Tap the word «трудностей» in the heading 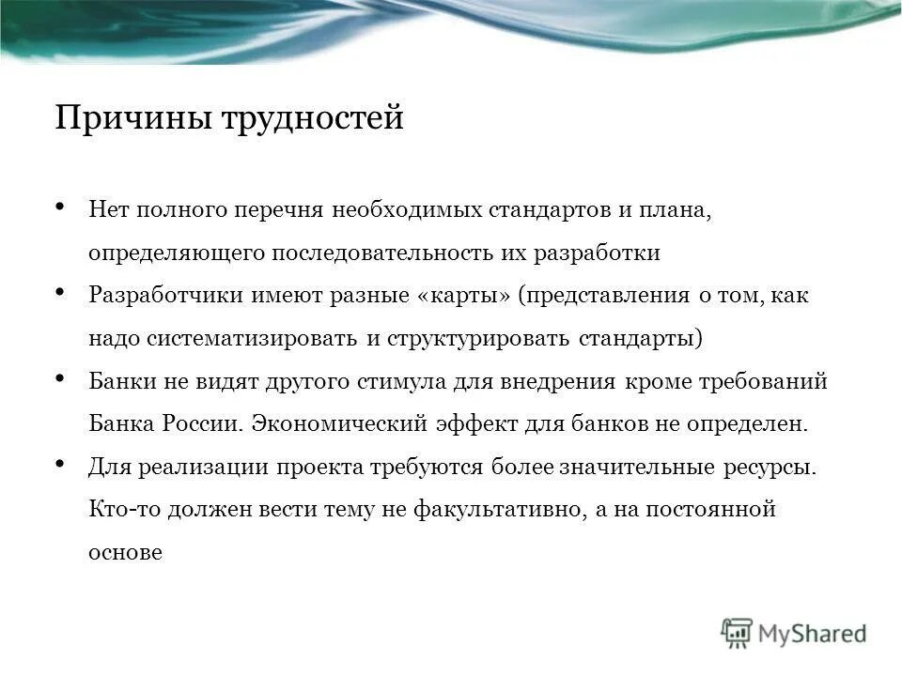click(x=312, y=120)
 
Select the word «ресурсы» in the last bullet click(x=774, y=467)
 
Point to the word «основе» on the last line click(x=125, y=553)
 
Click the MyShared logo click(x=794, y=633)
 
